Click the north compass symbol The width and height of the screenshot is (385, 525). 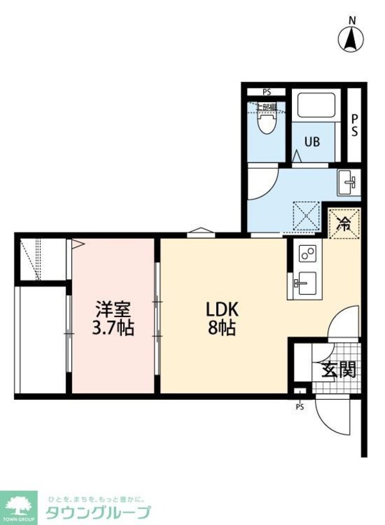[351, 40]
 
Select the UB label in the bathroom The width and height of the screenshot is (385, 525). [312, 142]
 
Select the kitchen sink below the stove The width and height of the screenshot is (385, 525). [305, 282]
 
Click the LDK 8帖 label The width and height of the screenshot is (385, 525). [220, 318]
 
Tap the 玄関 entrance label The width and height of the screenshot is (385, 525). [338, 370]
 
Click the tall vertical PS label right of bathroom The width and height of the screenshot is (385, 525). [354, 125]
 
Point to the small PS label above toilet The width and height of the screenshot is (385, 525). [266, 92]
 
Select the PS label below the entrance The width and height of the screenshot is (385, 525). [300, 406]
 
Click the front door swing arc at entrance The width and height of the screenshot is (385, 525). [329, 420]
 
